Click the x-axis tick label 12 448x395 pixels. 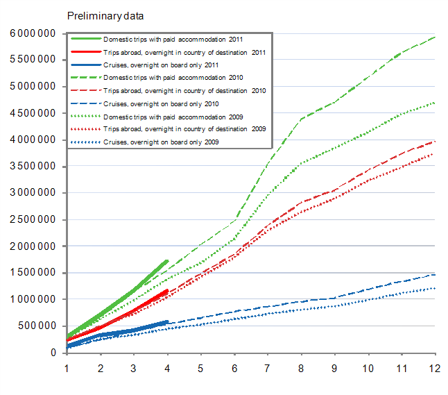coord(435,367)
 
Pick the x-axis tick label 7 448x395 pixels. coord(268,367)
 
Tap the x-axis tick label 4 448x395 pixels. coord(167,367)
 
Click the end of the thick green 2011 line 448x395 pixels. coord(167,261)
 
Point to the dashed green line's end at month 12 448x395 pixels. coord(435,37)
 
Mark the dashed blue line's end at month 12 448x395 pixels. coord(435,274)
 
